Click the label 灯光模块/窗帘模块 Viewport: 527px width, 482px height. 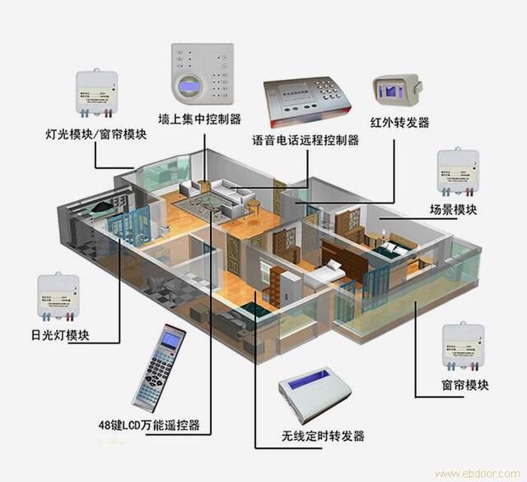click(97, 133)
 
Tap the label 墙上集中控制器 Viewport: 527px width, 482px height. click(199, 118)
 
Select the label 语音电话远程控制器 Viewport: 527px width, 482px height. click(305, 140)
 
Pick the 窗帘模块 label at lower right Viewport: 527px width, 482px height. click(465, 385)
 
